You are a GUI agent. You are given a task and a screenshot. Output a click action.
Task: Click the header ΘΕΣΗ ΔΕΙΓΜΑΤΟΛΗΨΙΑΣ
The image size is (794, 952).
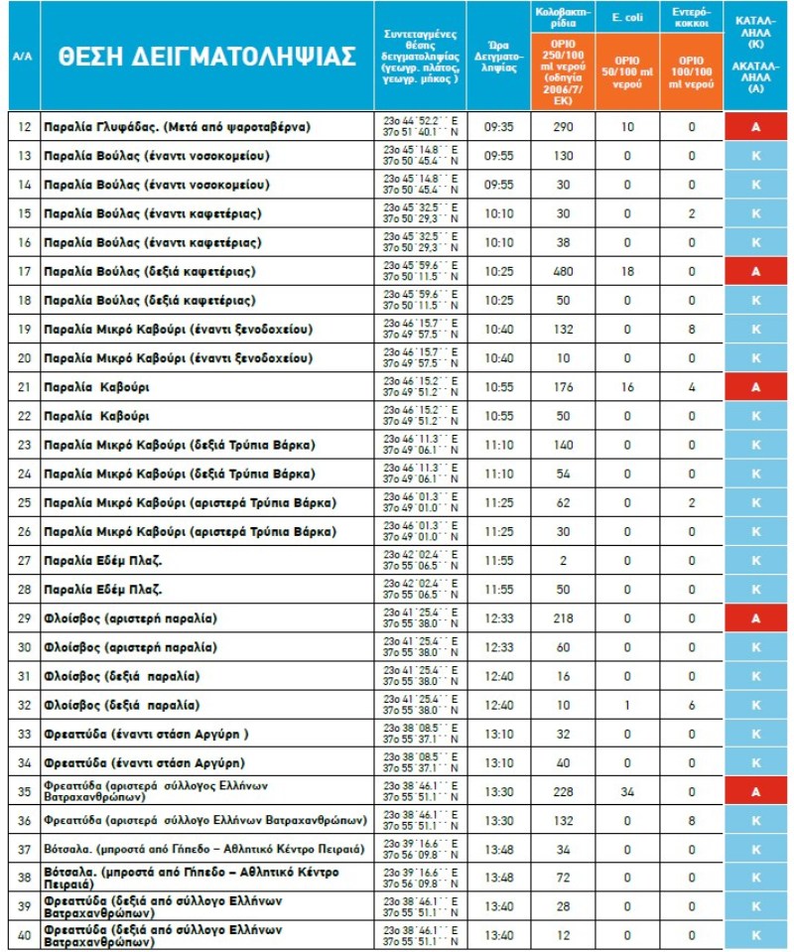(206, 56)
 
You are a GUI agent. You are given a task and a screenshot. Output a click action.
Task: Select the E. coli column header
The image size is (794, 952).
(626, 17)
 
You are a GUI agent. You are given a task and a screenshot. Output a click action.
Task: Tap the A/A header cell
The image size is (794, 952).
(22, 56)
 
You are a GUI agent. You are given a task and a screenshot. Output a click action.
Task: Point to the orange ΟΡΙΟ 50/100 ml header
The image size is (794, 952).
(626, 72)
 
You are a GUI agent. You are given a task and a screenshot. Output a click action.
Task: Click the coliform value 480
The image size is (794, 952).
(564, 271)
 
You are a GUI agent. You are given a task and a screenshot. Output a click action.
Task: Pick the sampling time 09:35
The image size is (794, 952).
(499, 127)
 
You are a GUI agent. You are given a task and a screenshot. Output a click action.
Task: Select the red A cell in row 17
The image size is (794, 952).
(755, 271)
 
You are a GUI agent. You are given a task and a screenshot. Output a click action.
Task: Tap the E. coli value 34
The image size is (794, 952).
(626, 791)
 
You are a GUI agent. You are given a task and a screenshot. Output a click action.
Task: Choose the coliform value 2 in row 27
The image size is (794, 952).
(564, 561)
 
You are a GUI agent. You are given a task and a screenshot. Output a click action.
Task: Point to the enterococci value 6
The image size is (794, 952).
(692, 705)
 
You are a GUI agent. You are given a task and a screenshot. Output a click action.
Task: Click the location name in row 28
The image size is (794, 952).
(104, 590)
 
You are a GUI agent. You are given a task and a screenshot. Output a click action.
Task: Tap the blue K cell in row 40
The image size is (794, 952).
(755, 935)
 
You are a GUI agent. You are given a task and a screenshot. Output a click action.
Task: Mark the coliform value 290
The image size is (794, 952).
(564, 127)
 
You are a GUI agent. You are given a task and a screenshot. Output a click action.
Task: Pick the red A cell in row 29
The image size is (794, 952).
(755, 618)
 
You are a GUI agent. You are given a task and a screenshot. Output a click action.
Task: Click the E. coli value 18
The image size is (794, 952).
(626, 271)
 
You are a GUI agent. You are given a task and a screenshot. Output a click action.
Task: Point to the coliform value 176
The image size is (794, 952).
(564, 387)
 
